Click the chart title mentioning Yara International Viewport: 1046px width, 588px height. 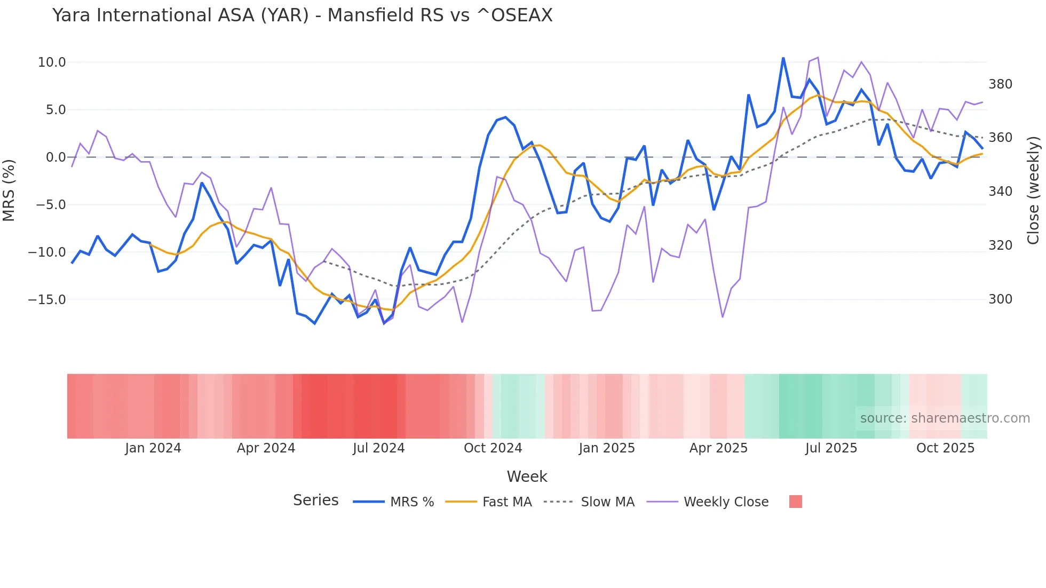[x=302, y=15]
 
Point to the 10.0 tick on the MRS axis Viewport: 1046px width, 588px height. [x=52, y=62]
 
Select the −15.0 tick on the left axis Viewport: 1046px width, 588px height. [x=47, y=300]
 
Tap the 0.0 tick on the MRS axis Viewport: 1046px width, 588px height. [x=56, y=157]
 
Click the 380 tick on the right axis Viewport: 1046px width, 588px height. [x=1000, y=84]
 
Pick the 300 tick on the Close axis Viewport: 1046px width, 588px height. [x=1000, y=299]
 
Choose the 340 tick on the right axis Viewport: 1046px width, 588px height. [x=1000, y=192]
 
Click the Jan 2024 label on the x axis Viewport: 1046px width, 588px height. [x=153, y=448]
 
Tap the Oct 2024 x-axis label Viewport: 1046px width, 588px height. [x=493, y=448]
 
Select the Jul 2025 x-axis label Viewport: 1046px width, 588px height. [x=831, y=448]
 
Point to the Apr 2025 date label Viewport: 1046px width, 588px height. [x=718, y=448]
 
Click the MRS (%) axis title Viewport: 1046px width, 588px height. [x=9, y=190]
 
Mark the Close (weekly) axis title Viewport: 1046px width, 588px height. [x=1034, y=190]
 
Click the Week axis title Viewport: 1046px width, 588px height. [x=527, y=476]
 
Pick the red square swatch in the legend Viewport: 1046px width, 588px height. [x=795, y=502]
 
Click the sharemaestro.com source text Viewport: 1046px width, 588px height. [x=945, y=418]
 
